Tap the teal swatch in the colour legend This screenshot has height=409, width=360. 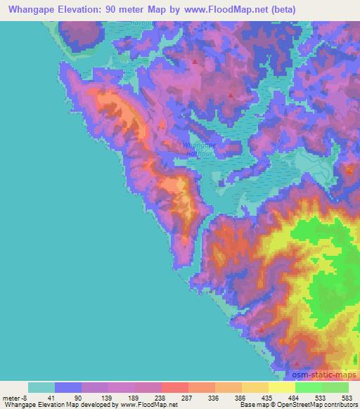click(41, 387)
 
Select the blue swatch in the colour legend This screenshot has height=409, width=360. click(68, 387)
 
